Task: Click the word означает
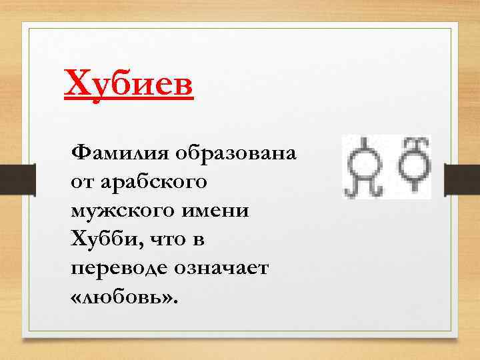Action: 224,267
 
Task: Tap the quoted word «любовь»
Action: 124,295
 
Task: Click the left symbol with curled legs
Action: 365,167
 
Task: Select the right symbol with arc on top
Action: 413,163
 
